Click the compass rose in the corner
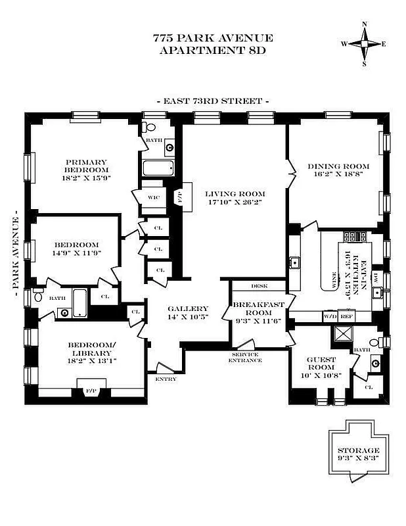click(x=364, y=43)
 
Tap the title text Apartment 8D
click(x=203, y=51)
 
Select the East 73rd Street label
click(x=213, y=101)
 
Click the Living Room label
click(x=234, y=193)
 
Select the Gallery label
click(x=187, y=308)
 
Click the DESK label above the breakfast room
click(x=258, y=286)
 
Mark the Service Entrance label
click(x=244, y=357)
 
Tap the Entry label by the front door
click(x=165, y=379)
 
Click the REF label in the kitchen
click(x=347, y=316)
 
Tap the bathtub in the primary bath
click(x=158, y=168)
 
